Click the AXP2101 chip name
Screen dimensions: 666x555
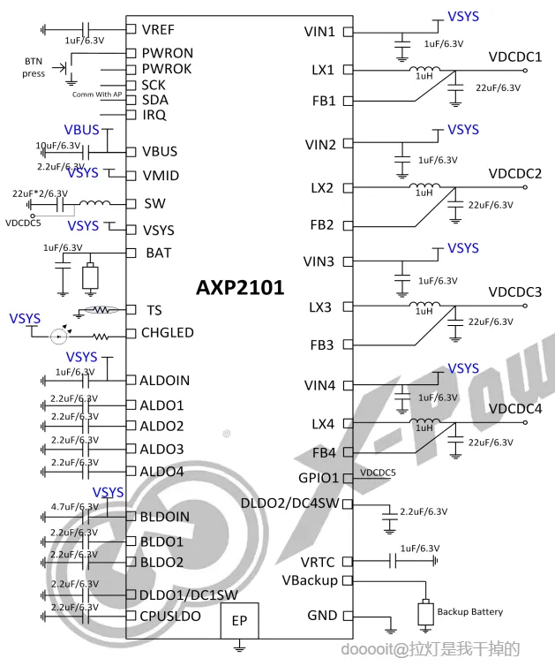click(240, 287)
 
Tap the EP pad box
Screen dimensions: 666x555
click(239, 621)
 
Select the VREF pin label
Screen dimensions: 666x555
click(159, 31)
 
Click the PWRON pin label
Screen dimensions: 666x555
click(167, 53)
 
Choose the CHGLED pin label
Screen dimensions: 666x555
click(168, 333)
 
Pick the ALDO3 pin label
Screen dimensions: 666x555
click(161, 450)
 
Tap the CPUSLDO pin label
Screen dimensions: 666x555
click(169, 616)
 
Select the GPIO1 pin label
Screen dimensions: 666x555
click(319, 478)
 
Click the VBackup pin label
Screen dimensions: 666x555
click(310, 580)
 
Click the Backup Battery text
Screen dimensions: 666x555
click(470, 611)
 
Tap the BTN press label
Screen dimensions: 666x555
click(34, 67)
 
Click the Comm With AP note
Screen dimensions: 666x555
click(97, 95)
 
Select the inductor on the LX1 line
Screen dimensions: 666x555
click(424, 71)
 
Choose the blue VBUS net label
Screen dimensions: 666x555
click(82, 130)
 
